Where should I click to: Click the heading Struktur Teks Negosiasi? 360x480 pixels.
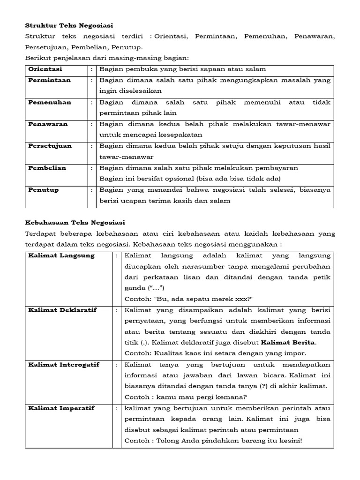coord(69,25)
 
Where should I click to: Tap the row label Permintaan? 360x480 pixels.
coord(49,80)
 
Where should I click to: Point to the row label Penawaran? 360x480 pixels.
coord(48,124)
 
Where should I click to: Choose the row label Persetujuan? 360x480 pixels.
coord(50,146)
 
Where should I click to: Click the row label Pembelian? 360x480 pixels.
coord(47,168)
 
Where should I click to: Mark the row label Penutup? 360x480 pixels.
coord(43,190)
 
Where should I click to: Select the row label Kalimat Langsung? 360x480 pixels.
coord(61,255)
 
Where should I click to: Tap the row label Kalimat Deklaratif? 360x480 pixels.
coord(64,310)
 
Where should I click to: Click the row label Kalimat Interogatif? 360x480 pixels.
coord(64,365)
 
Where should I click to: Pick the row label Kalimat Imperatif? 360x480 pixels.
coord(61,408)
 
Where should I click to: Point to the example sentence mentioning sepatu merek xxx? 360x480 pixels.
coord(189,299)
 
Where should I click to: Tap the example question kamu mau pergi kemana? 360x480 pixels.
coord(186,397)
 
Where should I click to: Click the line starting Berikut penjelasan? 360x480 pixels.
coord(106,58)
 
